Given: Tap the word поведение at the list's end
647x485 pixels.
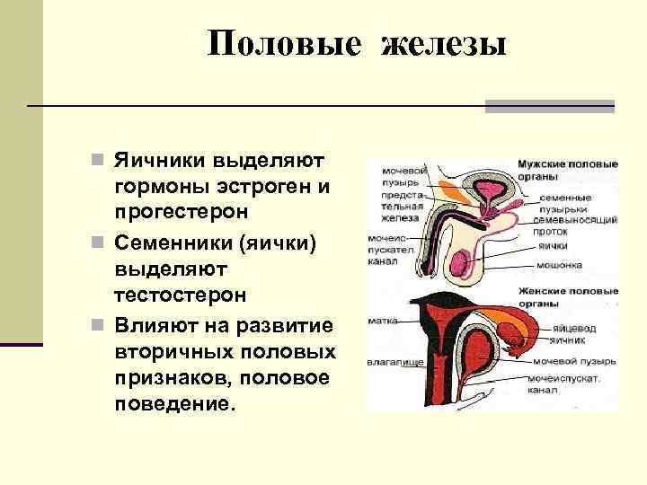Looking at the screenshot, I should point(173,402).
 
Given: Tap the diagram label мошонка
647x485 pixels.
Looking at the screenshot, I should point(559,265).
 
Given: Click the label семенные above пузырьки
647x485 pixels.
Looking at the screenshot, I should point(565,197).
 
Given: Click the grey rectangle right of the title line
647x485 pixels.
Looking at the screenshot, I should point(549,106).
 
